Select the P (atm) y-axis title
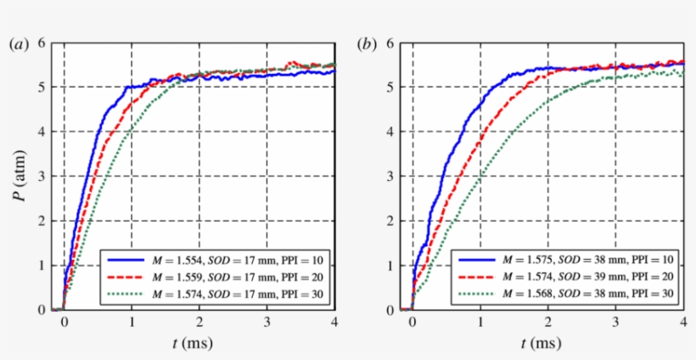19,176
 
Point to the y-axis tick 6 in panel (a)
42,42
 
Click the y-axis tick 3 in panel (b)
391,176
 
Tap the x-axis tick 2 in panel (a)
199,323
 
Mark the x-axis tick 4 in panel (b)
683,323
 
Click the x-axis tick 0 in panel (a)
64,323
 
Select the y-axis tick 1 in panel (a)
42,265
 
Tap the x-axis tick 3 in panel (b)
615,323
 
